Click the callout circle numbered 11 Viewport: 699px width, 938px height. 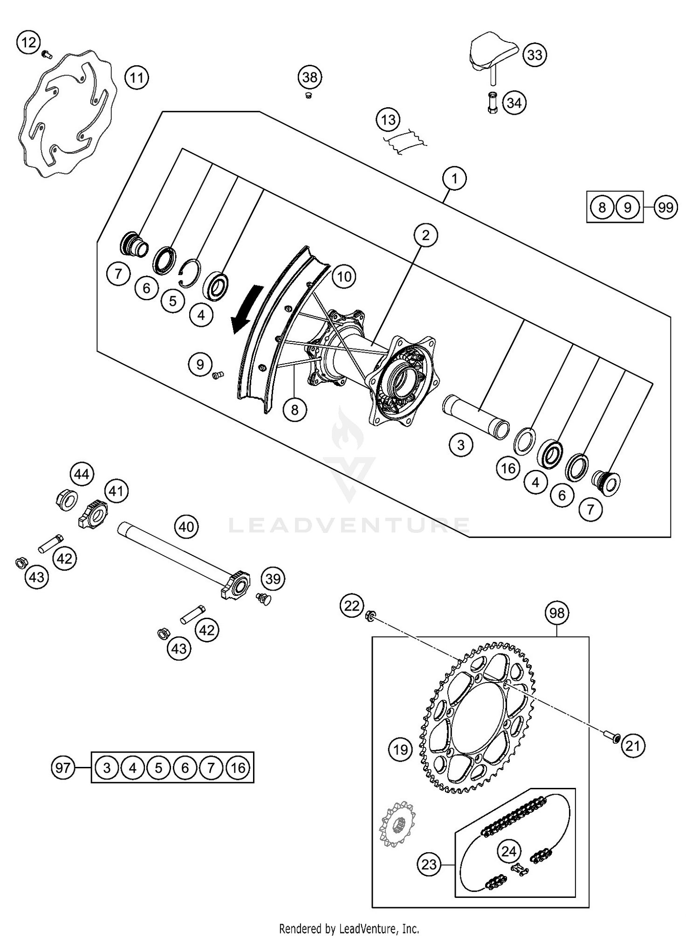coord(137,77)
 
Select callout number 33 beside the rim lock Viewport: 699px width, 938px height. coord(535,55)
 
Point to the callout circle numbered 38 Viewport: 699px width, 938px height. coord(310,77)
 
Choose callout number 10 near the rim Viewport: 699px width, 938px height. coord(344,276)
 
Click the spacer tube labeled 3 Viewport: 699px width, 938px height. coord(475,416)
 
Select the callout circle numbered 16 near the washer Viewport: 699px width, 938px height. coord(508,468)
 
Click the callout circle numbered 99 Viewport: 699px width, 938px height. coord(666,207)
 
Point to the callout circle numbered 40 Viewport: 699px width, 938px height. coord(186,527)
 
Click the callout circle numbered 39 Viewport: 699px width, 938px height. coord(273,579)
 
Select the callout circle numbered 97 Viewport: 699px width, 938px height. coord(63,767)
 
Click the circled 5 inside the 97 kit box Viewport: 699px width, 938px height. coord(159,767)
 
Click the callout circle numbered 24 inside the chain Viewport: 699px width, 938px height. coord(508,852)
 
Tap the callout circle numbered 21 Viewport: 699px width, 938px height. coord(632,746)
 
